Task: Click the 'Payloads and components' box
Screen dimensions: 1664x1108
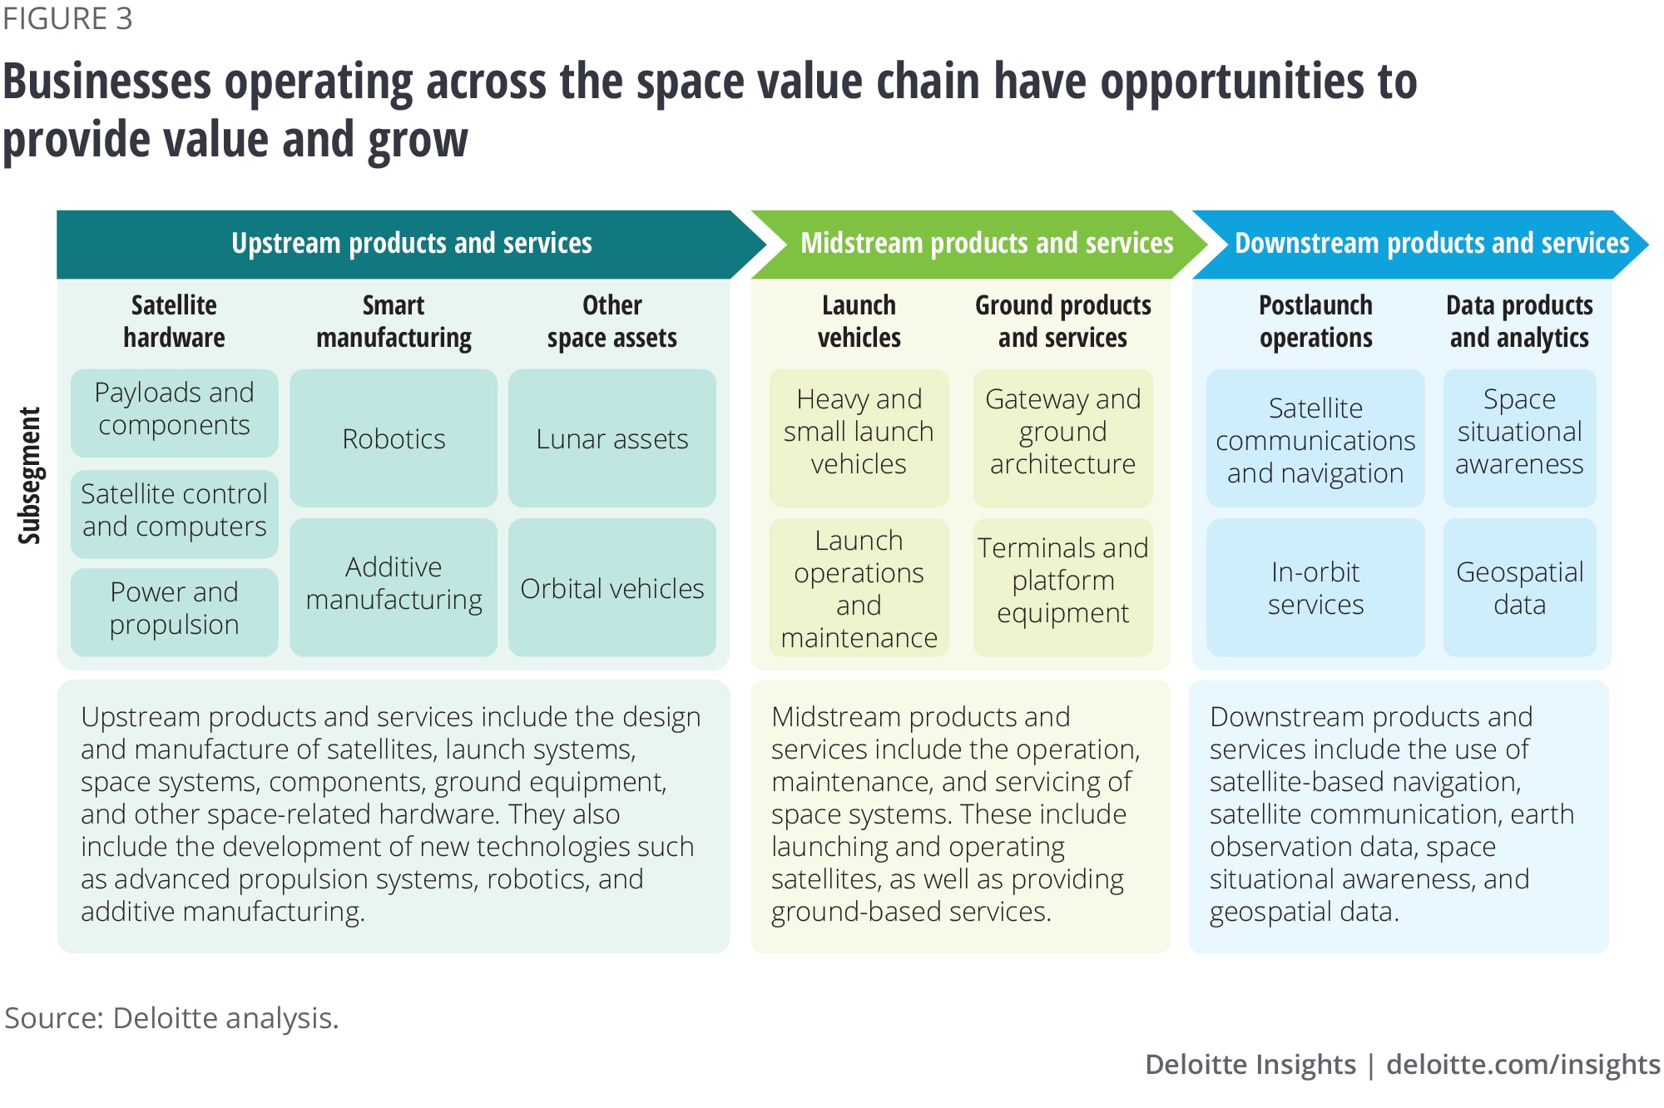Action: pos(174,413)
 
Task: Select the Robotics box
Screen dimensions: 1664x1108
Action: pos(394,438)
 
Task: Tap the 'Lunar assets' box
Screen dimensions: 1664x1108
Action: pos(612,438)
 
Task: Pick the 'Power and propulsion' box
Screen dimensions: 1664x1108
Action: pos(174,612)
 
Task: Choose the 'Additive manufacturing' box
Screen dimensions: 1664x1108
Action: pos(394,587)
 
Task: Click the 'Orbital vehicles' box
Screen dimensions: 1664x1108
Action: pos(612,587)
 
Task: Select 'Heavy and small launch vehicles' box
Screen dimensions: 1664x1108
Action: pos(859,438)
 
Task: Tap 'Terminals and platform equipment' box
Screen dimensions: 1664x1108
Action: pos(1063,587)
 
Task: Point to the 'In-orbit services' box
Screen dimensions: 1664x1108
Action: pos(1315,587)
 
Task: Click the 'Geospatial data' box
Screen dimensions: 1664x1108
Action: pos(1519,587)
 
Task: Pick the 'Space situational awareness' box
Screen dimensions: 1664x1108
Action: pos(1519,438)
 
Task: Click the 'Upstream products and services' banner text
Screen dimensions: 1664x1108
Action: pos(412,243)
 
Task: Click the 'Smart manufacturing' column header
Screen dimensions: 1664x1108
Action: pos(394,321)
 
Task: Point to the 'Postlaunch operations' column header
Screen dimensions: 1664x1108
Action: pos(1315,321)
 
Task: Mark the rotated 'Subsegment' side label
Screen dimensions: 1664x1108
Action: pos(30,476)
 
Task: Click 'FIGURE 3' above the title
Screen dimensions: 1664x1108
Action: pos(67,18)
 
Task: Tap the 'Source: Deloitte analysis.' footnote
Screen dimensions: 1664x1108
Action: pos(171,1018)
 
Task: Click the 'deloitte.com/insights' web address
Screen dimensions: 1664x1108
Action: pos(1523,1065)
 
